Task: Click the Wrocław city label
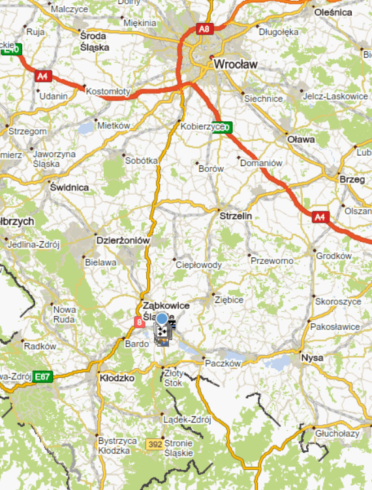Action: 236,65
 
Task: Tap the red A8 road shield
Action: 205,29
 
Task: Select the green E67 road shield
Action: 43,377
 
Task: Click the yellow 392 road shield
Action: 155,444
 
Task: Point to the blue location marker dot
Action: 161,319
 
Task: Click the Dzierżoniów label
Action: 123,240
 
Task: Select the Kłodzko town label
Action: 117,378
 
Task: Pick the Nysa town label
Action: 312,358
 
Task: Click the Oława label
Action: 302,139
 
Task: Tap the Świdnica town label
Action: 69,187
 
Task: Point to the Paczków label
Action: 223,364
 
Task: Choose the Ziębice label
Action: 228,300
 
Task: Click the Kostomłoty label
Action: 108,92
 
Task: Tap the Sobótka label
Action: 141,160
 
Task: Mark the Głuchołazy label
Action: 337,433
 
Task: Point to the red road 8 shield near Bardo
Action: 138,321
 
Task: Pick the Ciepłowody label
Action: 199,265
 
